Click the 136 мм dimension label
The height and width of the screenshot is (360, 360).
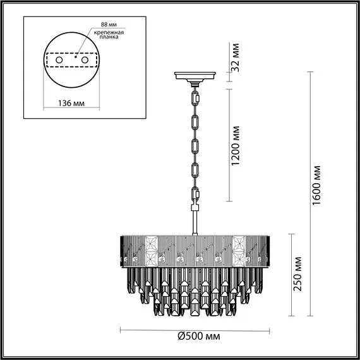click(x=71, y=104)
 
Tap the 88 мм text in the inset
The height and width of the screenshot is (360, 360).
click(x=109, y=25)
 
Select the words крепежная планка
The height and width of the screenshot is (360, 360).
click(x=109, y=35)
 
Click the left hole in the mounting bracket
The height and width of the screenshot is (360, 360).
click(x=59, y=60)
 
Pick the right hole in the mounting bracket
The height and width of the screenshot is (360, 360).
click(x=85, y=60)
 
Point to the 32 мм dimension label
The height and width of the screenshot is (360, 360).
click(x=236, y=57)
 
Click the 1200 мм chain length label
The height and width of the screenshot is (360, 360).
click(x=236, y=146)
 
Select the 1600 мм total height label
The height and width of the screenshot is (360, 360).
click(x=316, y=186)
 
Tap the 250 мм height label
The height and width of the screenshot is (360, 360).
click(x=297, y=274)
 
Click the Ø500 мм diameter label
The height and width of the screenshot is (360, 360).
click(x=199, y=337)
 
